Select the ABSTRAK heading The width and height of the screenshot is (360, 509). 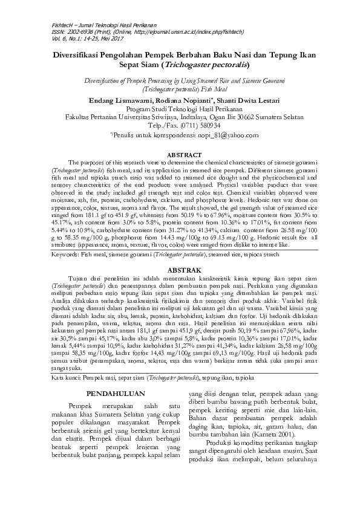click(x=180, y=269)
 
